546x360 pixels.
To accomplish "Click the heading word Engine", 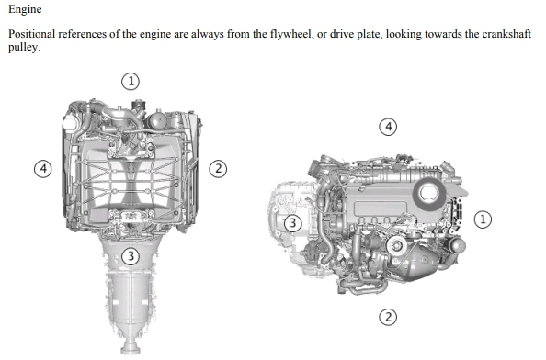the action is tap(25, 9).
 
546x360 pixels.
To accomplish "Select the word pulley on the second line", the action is tap(24, 47).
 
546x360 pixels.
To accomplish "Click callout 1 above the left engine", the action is tap(131, 81).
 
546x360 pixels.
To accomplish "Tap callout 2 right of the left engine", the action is tap(218, 169).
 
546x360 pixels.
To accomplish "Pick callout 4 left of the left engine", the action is tap(43, 169).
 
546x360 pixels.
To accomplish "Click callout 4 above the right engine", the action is tap(388, 127).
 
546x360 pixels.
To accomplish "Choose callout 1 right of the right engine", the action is tap(483, 219).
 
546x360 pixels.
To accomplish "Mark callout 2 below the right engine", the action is tap(387, 317).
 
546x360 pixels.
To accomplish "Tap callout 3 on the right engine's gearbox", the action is tap(293, 223).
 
